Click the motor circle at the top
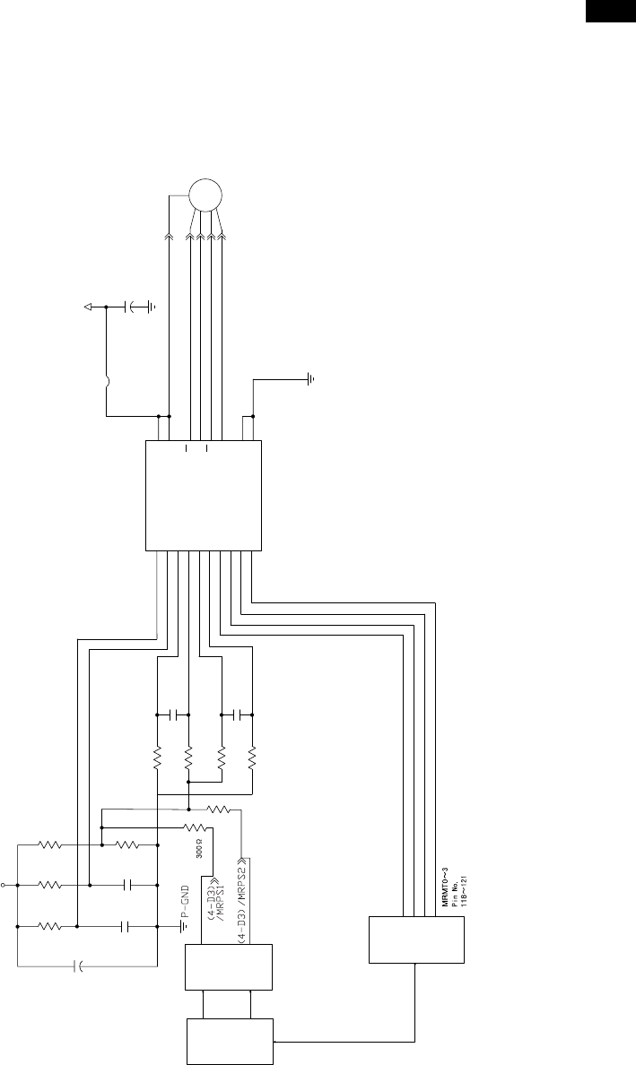click(x=205, y=194)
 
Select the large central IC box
click(x=204, y=496)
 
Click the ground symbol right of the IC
click(x=310, y=379)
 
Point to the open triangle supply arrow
click(x=89, y=307)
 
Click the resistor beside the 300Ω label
click(x=195, y=828)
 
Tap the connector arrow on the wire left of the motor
click(x=168, y=236)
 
